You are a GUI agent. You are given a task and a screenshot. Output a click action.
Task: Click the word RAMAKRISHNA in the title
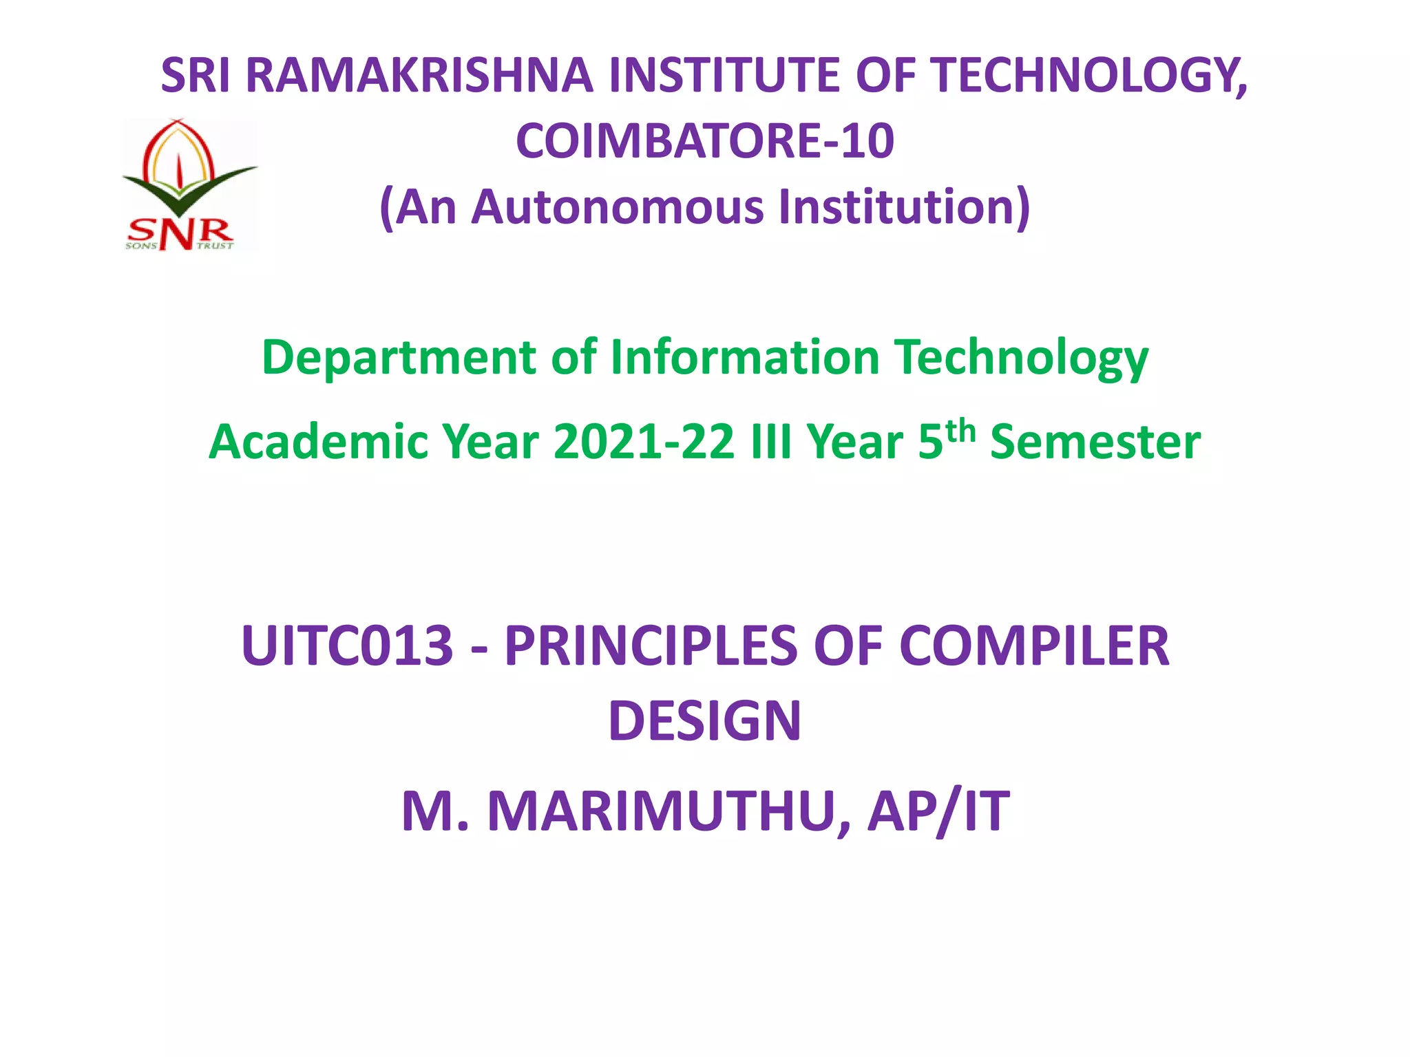coord(419,76)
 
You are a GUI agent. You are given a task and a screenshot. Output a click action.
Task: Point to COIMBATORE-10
coord(705,141)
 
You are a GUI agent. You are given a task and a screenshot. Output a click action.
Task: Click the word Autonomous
coord(618,207)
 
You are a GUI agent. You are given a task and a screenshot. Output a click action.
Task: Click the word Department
coord(399,359)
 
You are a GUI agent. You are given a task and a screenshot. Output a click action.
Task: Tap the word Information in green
coord(745,357)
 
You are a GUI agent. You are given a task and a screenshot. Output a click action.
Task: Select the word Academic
coord(317,442)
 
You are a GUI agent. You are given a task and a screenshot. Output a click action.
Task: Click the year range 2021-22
coord(644,442)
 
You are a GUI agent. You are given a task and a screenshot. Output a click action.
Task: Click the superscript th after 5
coord(960,431)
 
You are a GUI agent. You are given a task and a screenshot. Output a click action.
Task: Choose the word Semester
coord(1095,442)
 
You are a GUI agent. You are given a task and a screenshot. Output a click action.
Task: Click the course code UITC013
coord(347,646)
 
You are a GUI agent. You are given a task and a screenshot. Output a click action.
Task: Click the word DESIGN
coord(705,721)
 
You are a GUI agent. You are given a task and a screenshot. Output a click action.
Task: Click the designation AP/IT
coord(938,812)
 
